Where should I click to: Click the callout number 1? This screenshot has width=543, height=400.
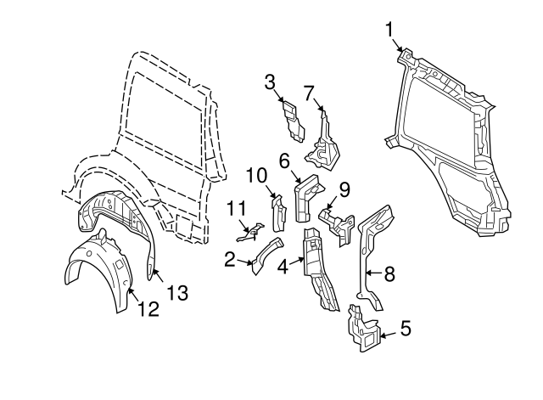point(390,30)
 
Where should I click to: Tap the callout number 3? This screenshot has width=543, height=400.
point(270,82)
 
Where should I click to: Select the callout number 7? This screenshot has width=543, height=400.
point(309,91)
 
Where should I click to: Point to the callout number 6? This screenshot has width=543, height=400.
point(284,159)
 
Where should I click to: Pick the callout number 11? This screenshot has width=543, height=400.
point(237,207)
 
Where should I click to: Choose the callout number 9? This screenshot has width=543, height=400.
point(344,189)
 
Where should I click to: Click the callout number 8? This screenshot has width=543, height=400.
point(389,273)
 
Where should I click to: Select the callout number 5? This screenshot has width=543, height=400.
point(405,325)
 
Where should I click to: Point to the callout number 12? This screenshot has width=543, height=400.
point(148,310)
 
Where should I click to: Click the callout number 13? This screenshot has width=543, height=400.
point(176,293)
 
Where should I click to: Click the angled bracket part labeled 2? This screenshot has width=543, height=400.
point(266,254)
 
